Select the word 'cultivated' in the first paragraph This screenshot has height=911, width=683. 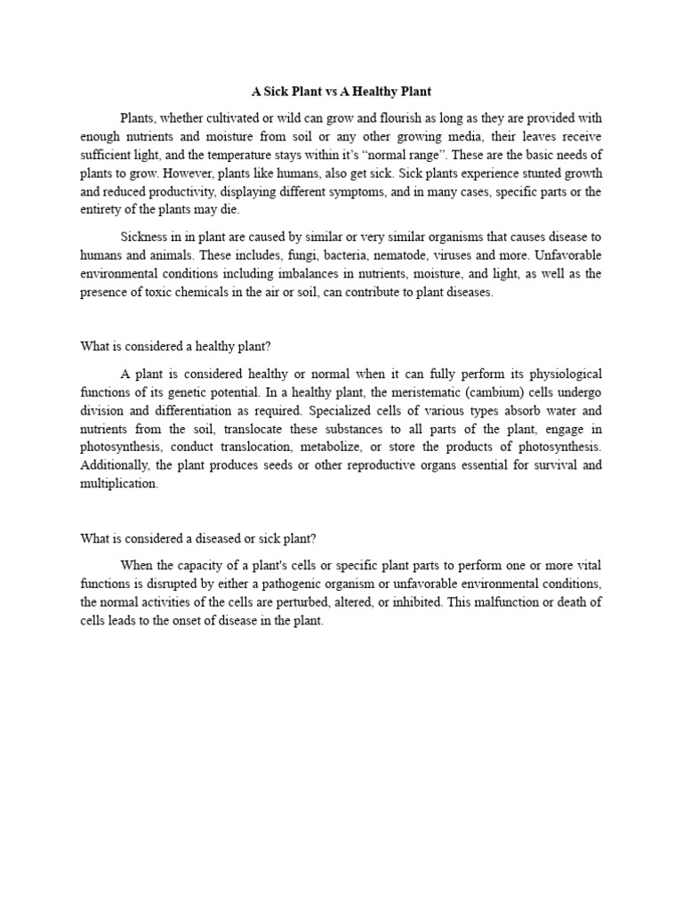point(234,118)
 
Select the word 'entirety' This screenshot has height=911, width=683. point(102,209)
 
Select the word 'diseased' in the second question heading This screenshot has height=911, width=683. point(229,538)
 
